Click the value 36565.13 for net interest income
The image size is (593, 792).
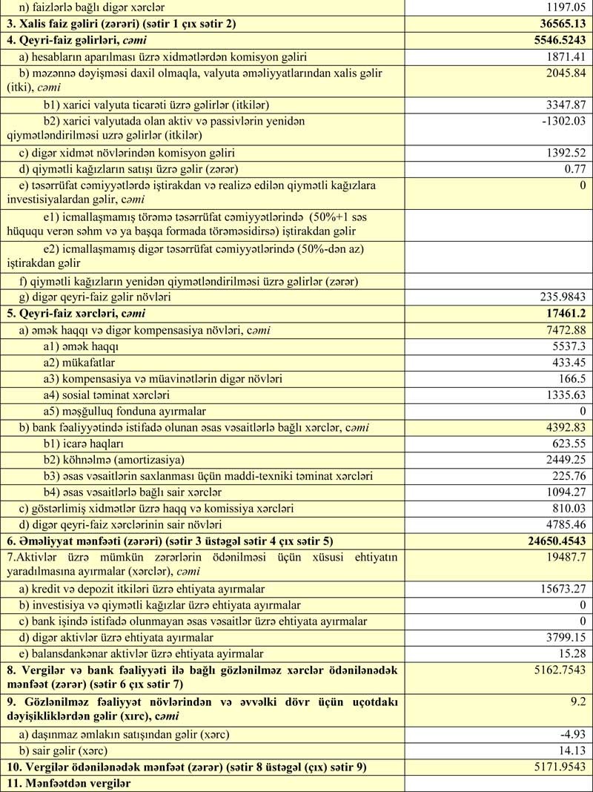pos(558,23)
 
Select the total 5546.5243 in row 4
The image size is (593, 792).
pos(552,39)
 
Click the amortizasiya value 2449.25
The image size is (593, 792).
pos(564,460)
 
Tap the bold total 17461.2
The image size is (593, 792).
pos(565,314)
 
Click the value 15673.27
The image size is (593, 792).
pos(561,589)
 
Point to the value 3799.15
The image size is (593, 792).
pos(564,637)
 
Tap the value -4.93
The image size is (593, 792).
pos(572,735)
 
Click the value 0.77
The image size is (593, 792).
pos(574,168)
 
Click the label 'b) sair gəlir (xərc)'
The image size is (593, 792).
pos(73,750)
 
